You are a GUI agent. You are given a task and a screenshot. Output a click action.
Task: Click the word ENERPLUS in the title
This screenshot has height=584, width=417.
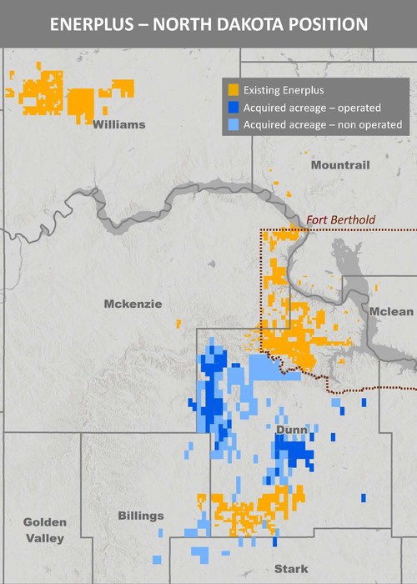point(90,24)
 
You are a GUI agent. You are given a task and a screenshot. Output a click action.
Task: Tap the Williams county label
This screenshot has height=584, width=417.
point(119,125)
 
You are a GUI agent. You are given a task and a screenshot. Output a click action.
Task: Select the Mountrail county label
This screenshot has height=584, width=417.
point(339,165)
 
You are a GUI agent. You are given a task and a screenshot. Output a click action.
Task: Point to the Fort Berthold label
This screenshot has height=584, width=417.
point(341,220)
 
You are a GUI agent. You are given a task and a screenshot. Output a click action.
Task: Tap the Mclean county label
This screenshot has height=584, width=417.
point(391,312)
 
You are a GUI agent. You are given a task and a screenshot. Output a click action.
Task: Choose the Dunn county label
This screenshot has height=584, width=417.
point(292,430)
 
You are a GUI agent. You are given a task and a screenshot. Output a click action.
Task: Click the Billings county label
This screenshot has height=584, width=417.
point(141,516)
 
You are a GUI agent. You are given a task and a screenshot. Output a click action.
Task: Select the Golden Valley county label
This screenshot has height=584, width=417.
point(44,530)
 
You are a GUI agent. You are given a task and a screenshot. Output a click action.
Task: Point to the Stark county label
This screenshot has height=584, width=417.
point(290,569)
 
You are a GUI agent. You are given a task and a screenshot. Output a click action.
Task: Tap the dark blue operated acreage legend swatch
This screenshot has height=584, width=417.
point(234,108)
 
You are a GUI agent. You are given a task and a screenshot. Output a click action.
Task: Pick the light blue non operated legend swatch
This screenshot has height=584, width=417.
point(234,124)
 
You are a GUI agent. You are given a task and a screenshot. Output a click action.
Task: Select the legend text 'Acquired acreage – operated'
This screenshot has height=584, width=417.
point(312,108)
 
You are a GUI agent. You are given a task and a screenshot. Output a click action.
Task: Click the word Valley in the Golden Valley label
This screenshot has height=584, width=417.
point(44,538)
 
